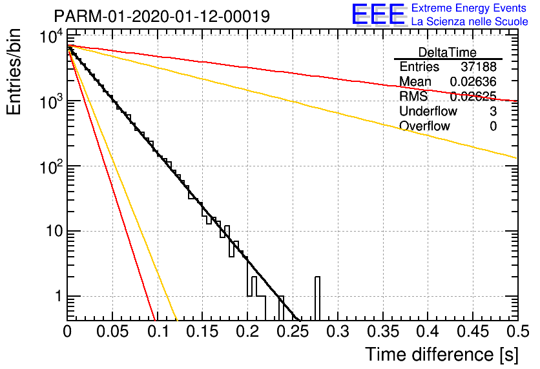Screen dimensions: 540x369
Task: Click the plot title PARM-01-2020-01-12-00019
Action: pos(162,16)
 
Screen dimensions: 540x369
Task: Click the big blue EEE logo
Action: pos(378,14)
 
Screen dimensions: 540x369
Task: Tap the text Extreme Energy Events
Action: pos(469,8)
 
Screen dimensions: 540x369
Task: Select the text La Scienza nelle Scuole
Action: pos(470,21)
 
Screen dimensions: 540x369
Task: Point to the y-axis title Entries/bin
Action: pos(14,72)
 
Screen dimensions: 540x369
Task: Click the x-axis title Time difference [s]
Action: pos(442,354)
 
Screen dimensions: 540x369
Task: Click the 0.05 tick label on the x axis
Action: pos(112,332)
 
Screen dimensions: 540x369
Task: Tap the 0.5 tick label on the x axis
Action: pos(517,332)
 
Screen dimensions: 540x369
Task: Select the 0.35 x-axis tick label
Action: pos(383,332)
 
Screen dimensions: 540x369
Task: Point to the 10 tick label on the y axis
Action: pos(54,231)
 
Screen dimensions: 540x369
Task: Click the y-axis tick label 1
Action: pos(59,295)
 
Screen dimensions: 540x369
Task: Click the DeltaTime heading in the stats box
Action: pos(448,52)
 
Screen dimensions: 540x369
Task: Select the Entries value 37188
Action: pos(479,66)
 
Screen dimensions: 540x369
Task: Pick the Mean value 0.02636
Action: pos(473,81)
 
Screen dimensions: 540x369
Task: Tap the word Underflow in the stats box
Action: pos(428,111)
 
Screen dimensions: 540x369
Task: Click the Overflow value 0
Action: pos(493,126)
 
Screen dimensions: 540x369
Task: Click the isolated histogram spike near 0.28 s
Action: pos(317,298)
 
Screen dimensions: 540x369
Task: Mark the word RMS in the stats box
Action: pos(413,96)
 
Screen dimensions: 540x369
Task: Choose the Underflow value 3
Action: pos(493,111)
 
